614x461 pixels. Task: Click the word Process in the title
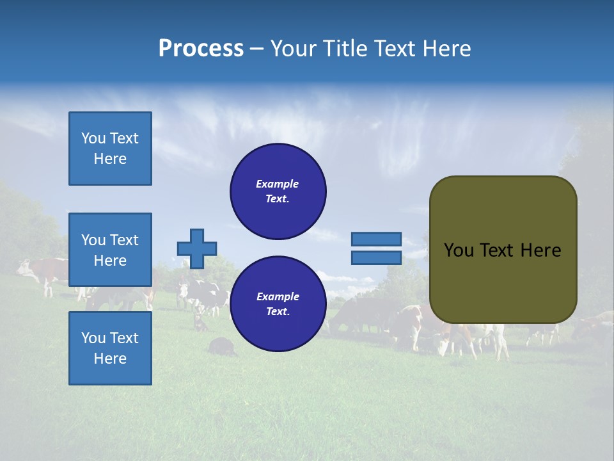201,49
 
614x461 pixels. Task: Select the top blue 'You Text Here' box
110,149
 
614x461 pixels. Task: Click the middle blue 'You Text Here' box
110,250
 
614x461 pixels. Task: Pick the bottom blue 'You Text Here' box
110,348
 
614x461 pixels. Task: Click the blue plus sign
197,248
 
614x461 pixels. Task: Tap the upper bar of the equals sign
377,239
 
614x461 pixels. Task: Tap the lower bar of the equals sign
377,257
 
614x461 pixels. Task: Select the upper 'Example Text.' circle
278,191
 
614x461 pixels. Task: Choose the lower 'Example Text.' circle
278,304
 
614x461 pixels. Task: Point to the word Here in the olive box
540,250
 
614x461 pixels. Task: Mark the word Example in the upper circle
278,184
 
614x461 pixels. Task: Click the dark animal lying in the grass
221,346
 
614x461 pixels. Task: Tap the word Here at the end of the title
448,49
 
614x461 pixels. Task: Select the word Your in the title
292,49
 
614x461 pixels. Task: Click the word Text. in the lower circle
278,312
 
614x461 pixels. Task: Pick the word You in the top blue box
93,138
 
